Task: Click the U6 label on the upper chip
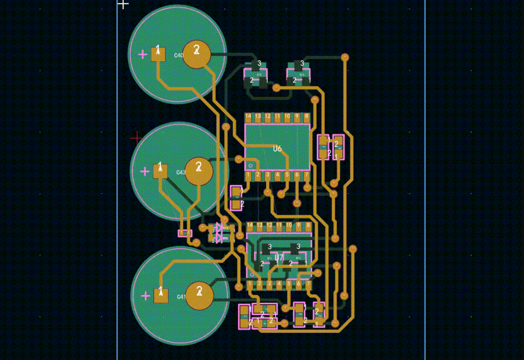tap(277, 149)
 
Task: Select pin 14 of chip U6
tap(248, 117)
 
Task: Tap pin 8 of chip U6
tap(306, 117)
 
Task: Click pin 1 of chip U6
tap(248, 174)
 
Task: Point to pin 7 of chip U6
tap(306, 174)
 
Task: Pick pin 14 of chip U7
tap(250, 225)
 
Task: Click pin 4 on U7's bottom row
tap(279, 284)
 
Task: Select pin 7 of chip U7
tap(308, 284)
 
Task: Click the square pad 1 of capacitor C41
tap(161, 295)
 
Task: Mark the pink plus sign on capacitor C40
tap(143, 54)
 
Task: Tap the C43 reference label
tap(181, 172)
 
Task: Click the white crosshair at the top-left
tap(123, 4)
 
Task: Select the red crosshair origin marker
tap(136, 138)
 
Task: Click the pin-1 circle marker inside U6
tap(251, 165)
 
